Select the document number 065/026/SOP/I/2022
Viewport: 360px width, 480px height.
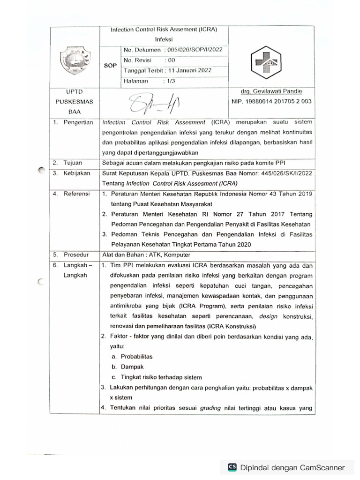(x=197, y=50)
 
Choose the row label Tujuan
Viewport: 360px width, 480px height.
(x=73, y=163)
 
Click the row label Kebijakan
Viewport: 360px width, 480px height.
(x=76, y=173)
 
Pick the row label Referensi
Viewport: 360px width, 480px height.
(x=76, y=193)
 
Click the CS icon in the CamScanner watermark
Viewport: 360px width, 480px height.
(x=232, y=467)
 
